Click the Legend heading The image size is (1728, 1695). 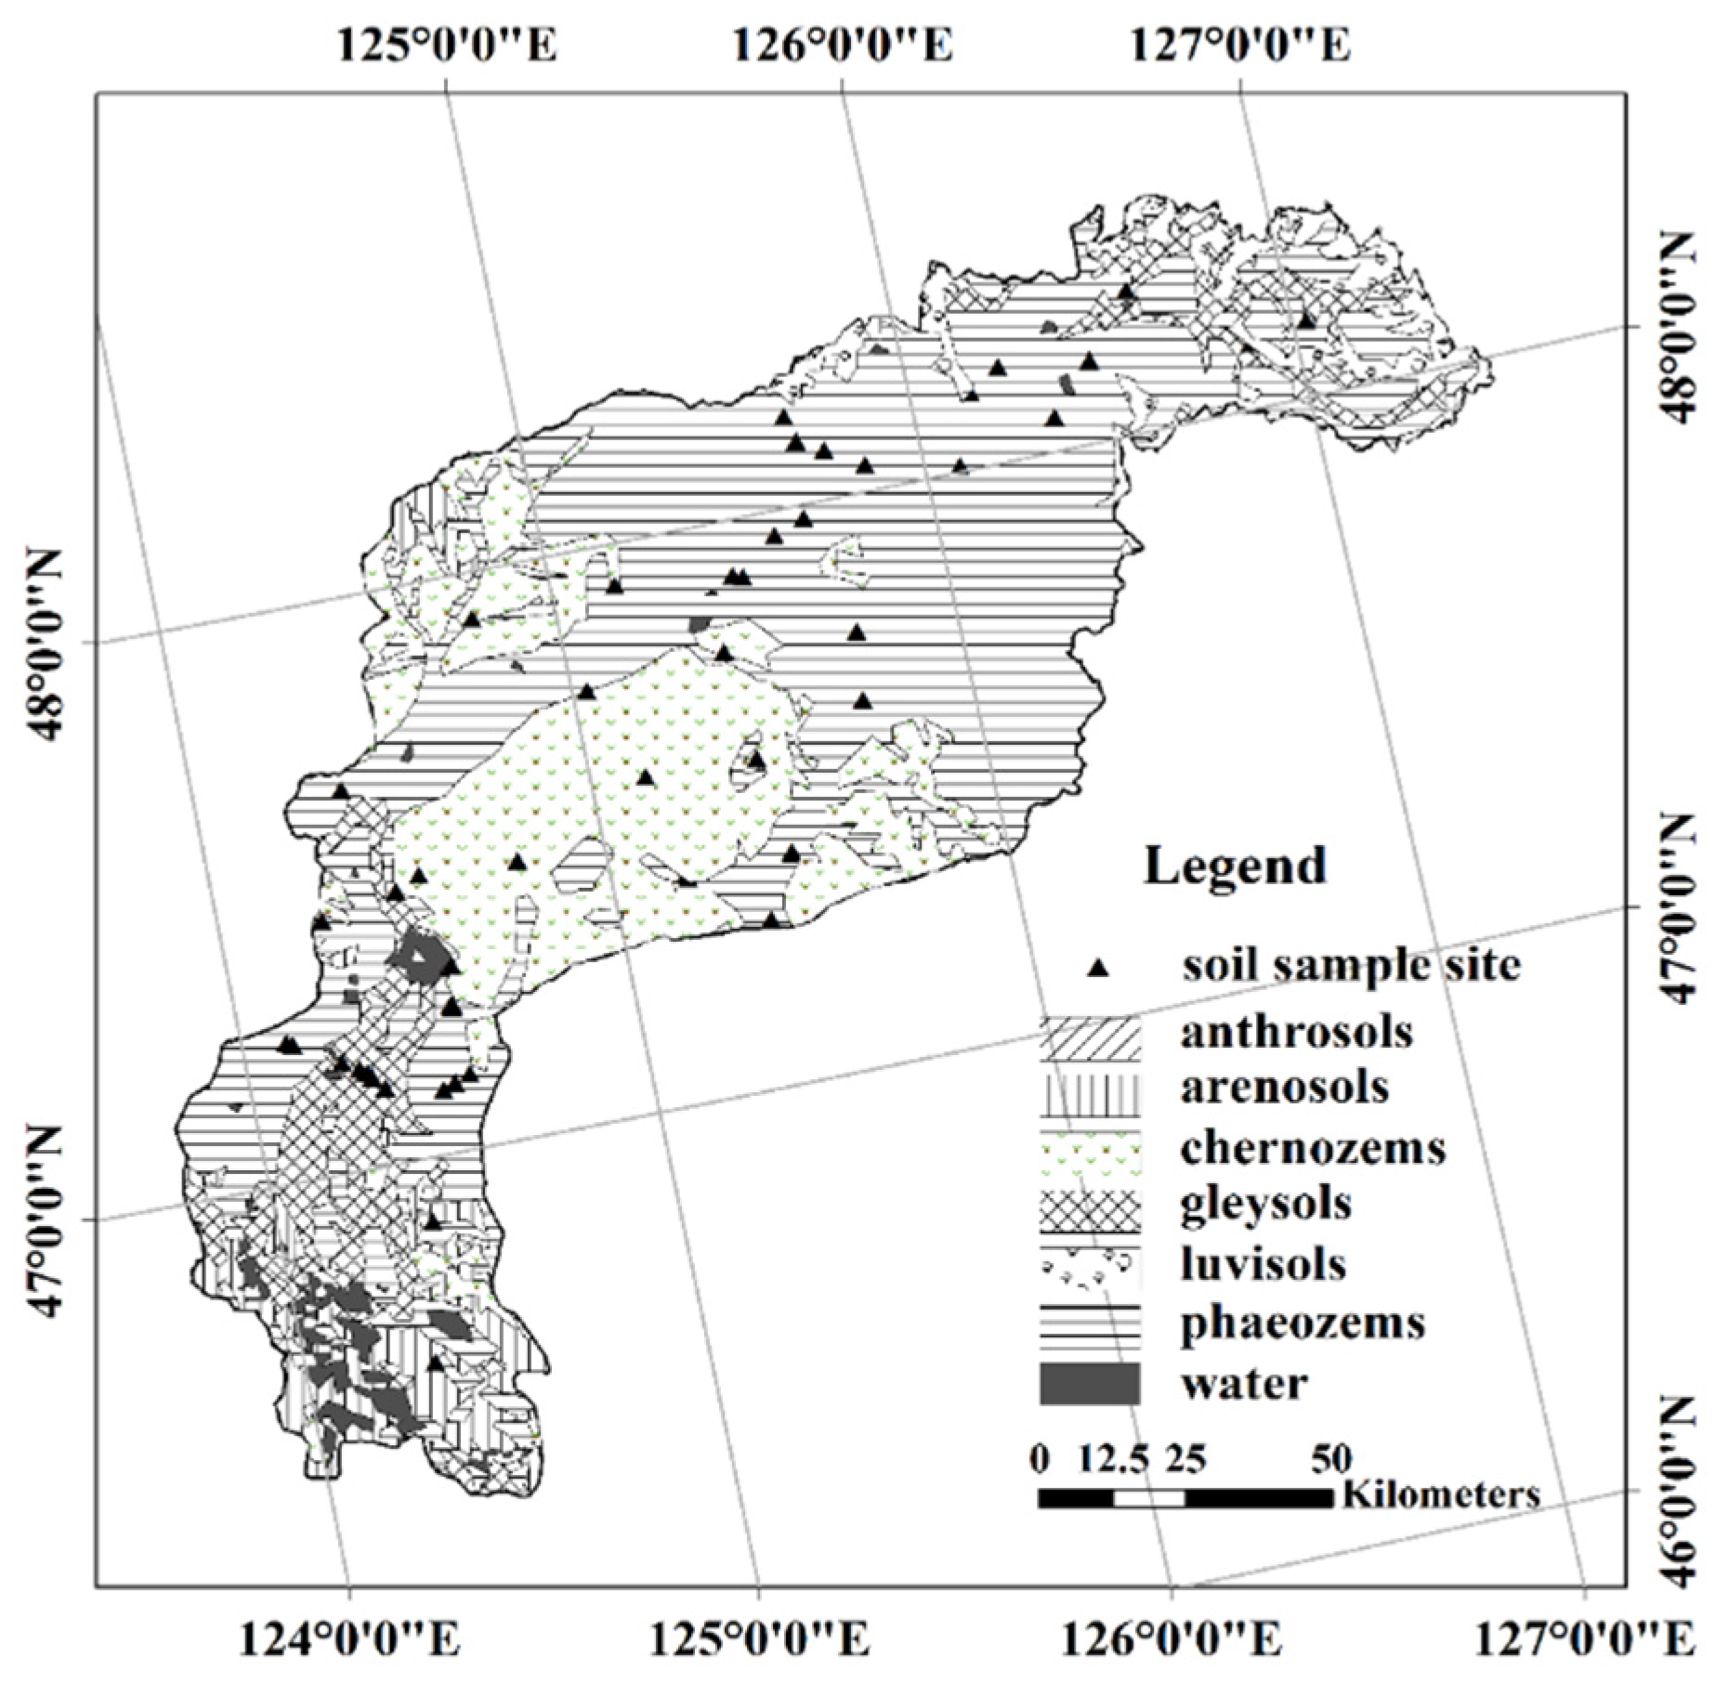point(1235,867)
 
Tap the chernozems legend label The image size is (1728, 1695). point(1313,1148)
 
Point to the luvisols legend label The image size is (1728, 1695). point(1263,1264)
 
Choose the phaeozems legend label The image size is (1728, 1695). point(1303,1322)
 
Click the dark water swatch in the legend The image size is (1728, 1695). point(1089,1384)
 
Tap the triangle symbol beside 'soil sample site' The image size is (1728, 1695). point(1099,969)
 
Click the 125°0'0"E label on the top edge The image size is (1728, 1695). point(447,45)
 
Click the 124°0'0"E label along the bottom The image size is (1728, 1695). point(349,1642)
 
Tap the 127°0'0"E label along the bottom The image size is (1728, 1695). point(1583,1642)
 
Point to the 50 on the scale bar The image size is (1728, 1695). point(1331,1459)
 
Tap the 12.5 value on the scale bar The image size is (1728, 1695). point(1113,1459)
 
